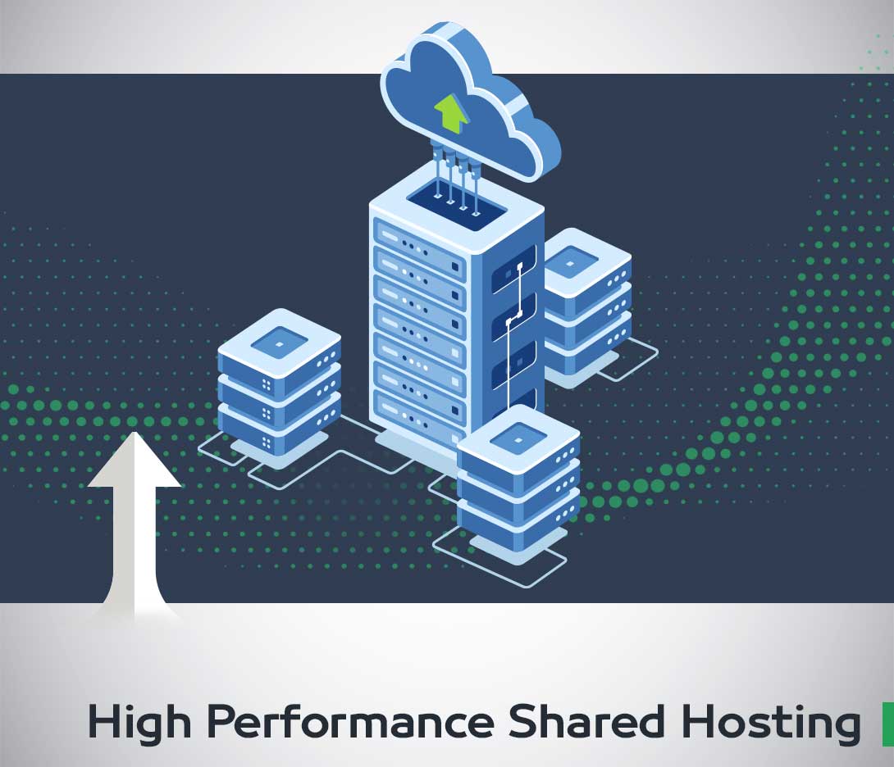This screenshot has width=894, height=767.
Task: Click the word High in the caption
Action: pos(136,722)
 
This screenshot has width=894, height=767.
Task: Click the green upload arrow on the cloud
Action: pos(450,113)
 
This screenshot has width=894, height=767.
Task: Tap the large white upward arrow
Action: pos(135,524)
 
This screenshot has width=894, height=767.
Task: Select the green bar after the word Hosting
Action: pos(887,723)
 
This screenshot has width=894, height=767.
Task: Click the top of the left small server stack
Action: pos(279,340)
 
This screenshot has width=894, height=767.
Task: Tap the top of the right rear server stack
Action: pos(587,260)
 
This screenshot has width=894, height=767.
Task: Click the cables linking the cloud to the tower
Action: pos(454,172)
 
